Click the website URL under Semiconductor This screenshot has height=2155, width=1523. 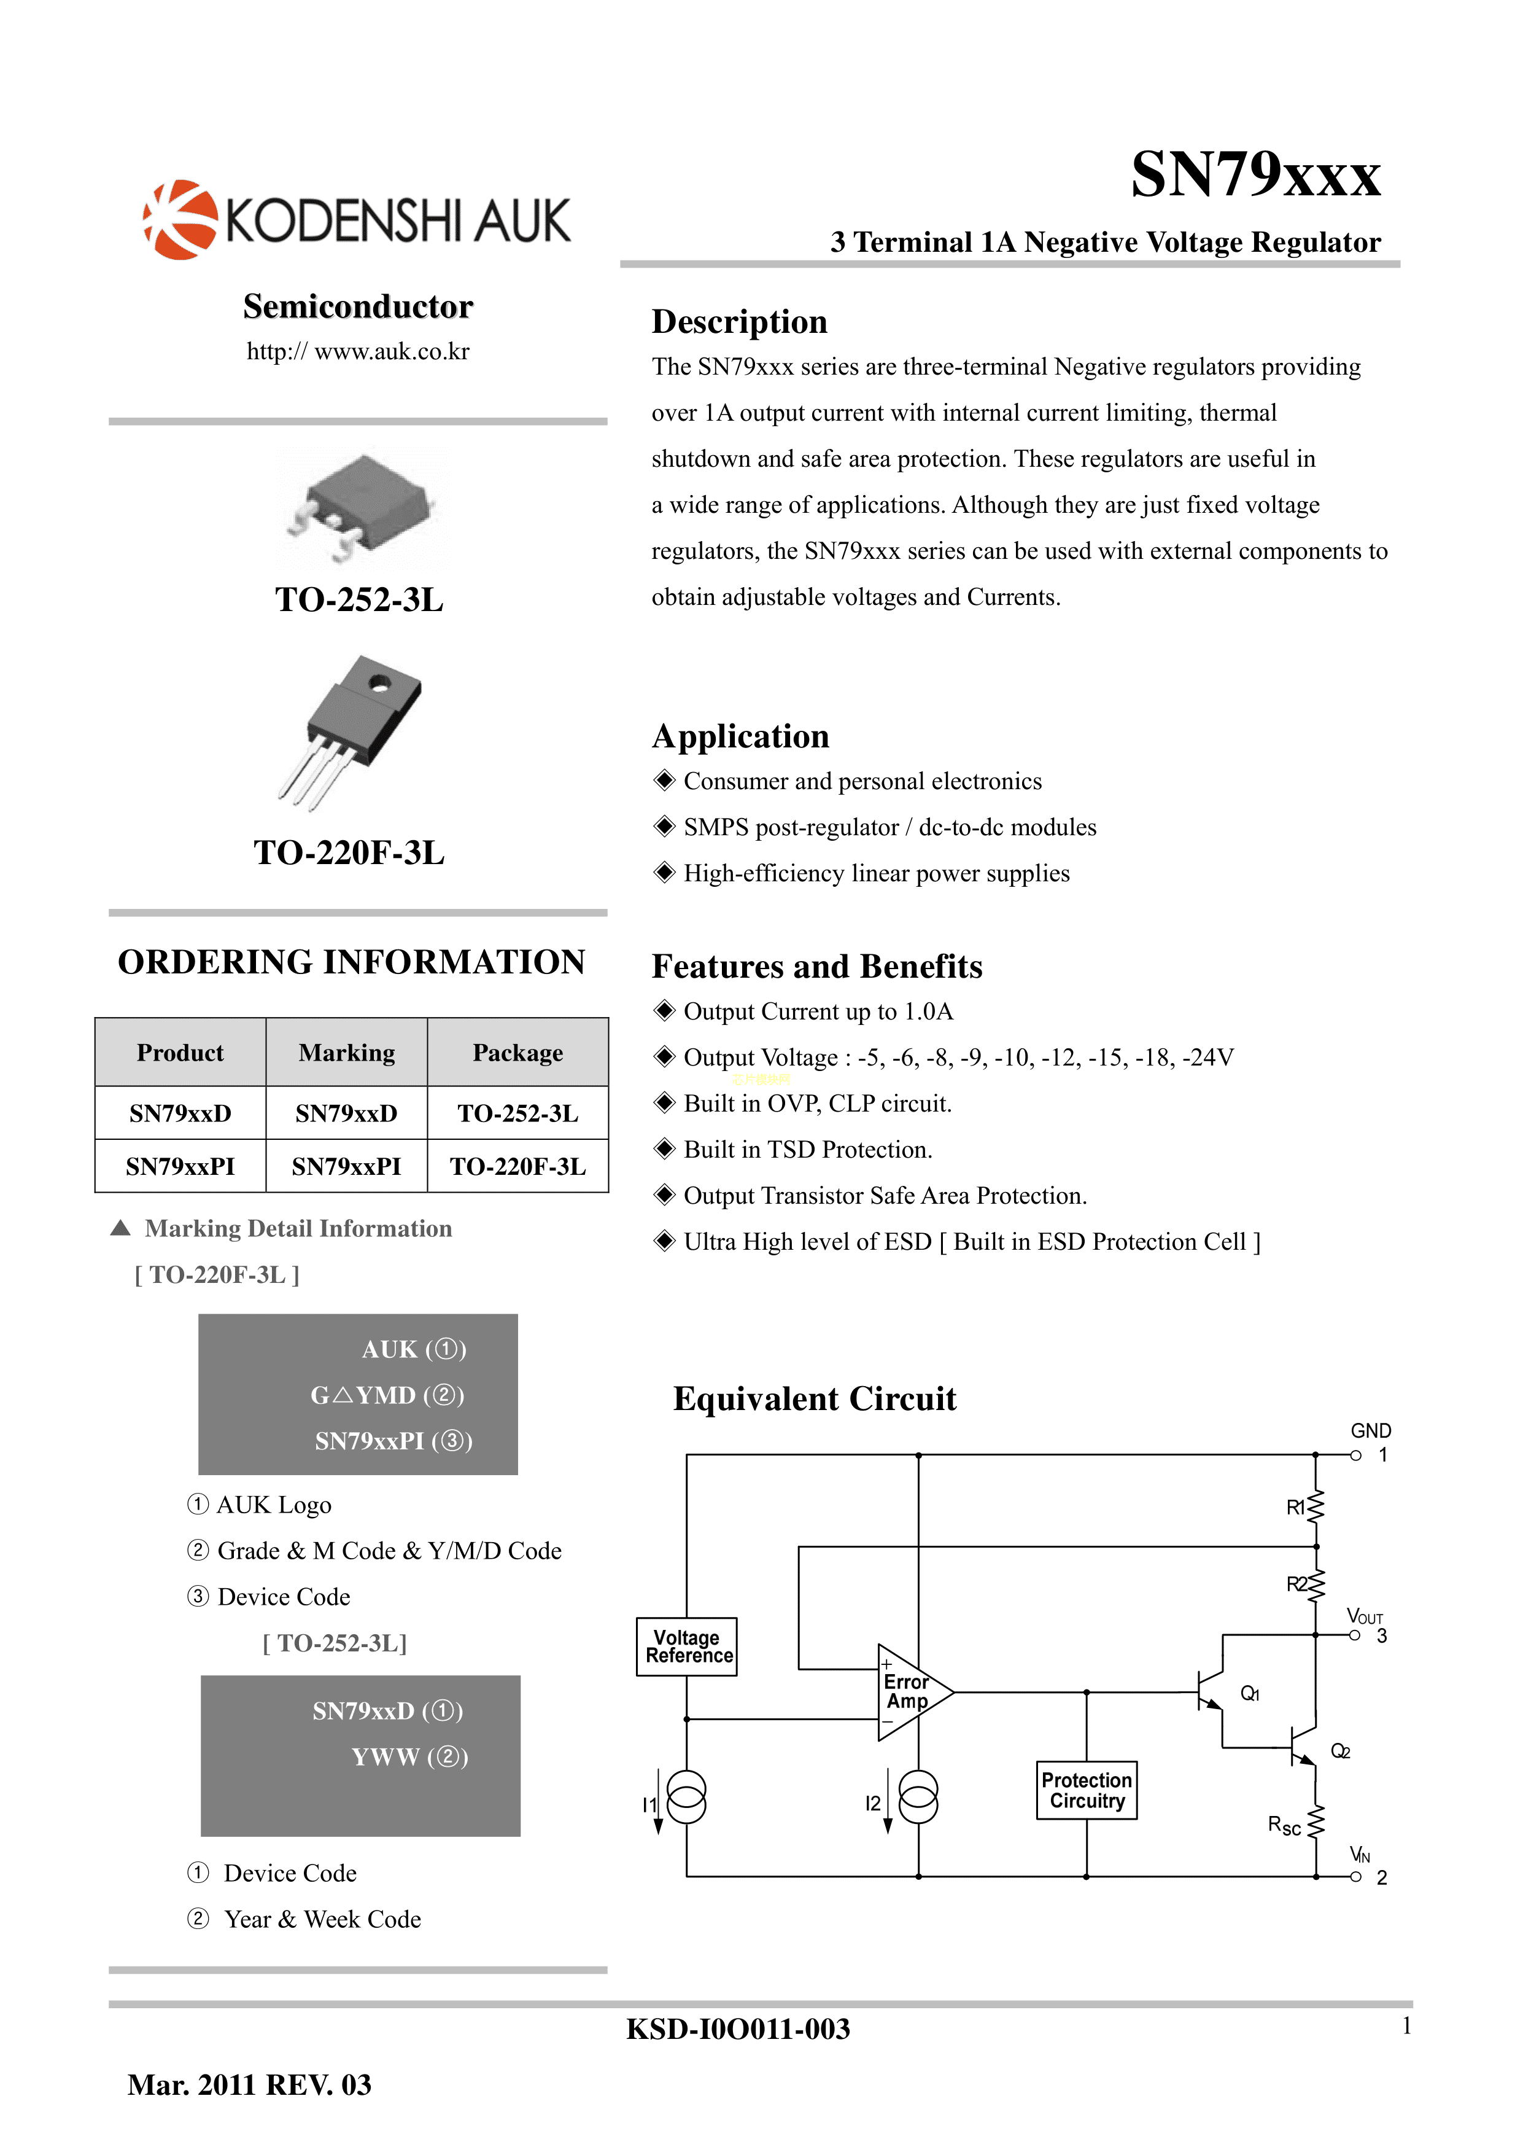coord(357,351)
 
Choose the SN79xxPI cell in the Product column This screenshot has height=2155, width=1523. coord(180,1167)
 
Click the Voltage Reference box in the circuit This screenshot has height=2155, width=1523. coord(687,1646)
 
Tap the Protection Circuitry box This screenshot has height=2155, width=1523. coord(1087,1790)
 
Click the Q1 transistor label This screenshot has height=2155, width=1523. coord(1250,1693)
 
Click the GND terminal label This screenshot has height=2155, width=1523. coord(1371,1430)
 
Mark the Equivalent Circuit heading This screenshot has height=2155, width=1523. coord(815,1398)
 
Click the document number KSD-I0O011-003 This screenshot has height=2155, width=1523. coord(738,2028)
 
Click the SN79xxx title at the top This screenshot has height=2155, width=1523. coord(1255,174)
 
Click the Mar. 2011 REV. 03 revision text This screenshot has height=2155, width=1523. coord(250,2084)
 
